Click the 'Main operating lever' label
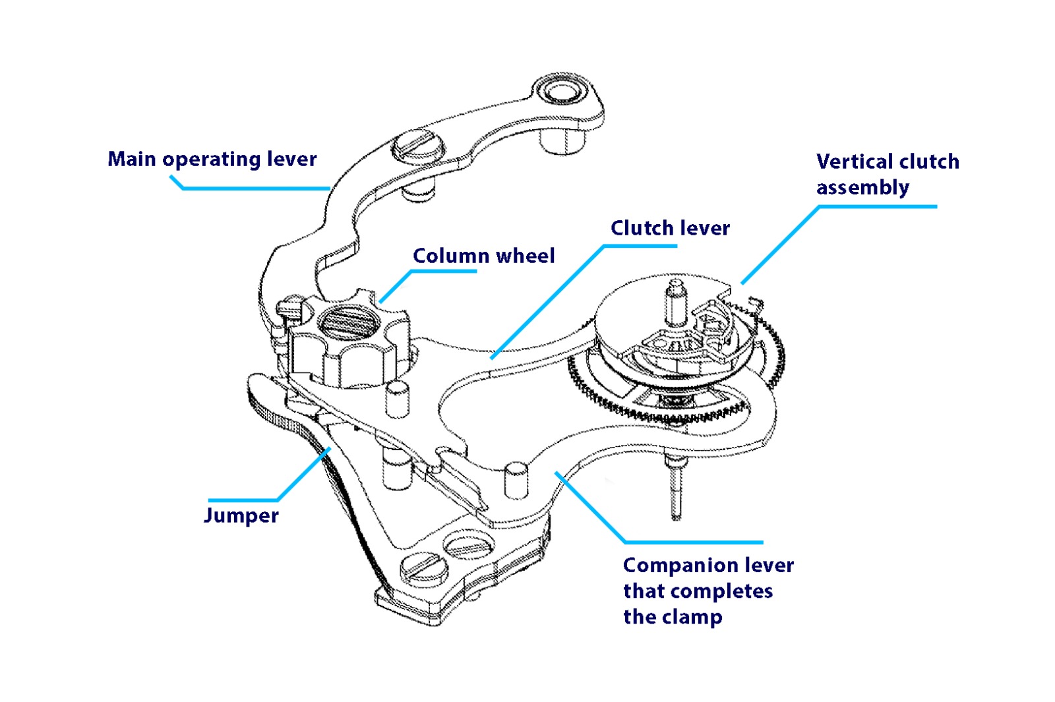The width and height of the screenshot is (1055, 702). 212,160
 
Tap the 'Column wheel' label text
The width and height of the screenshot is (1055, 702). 483,256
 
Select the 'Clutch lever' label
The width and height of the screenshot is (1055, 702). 670,228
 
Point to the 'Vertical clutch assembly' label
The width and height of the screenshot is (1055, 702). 887,175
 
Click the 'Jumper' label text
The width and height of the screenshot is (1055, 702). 241,515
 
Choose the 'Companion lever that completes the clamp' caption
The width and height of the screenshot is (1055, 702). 708,591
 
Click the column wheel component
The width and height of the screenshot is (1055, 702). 349,343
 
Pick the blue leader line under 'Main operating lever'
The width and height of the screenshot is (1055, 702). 257,189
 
